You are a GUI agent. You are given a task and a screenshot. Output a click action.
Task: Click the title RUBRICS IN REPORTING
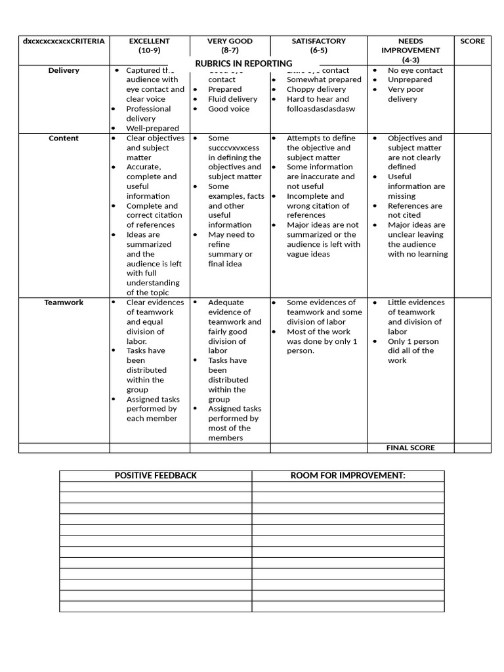coord(243,64)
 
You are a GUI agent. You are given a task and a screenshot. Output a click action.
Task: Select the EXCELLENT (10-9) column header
coord(150,45)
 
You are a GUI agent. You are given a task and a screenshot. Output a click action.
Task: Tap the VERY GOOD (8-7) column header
coord(230,45)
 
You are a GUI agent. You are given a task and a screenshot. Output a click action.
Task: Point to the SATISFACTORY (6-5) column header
coord(318,45)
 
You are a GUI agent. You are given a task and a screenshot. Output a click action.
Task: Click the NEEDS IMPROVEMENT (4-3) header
coord(410,50)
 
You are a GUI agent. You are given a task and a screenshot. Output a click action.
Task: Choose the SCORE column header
coord(472,41)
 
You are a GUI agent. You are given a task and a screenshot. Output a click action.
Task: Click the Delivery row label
coord(64,70)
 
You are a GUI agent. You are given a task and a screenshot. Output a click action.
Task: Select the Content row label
coord(64,138)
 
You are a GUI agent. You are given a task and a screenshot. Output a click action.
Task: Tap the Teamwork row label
coord(64,303)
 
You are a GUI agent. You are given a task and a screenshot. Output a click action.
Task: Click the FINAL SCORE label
coord(410,448)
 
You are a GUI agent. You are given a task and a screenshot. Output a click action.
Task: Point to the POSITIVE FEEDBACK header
coord(156,475)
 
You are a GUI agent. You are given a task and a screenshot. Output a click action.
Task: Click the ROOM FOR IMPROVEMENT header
coord(348,475)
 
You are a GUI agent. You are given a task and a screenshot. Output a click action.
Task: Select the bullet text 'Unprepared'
coord(410,79)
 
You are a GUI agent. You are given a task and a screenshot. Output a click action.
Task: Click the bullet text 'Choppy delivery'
coord(316,89)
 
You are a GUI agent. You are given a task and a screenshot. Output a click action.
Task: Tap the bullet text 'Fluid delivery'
coord(232,99)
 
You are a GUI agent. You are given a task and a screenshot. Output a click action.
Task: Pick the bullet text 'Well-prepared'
coord(152,128)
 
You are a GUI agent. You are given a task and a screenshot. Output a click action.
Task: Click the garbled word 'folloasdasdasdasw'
coord(321,109)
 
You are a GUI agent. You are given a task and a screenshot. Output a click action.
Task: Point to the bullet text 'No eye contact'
coord(415,70)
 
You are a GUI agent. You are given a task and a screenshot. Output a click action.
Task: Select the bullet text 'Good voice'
coord(228,109)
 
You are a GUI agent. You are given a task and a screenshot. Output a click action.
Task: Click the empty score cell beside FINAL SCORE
coord(472,448)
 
